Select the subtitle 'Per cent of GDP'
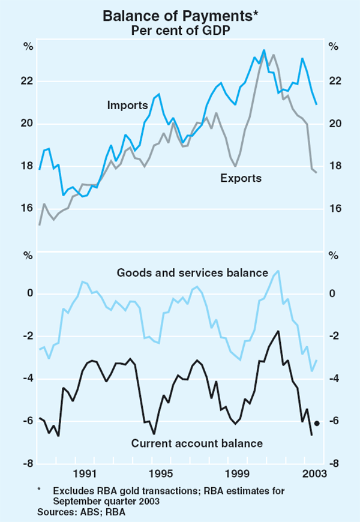[180, 31]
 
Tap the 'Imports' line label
[127, 105]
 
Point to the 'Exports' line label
[241, 178]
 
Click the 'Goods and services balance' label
[192, 273]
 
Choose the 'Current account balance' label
[197, 444]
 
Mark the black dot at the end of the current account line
[317, 423]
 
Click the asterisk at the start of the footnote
[39, 490]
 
